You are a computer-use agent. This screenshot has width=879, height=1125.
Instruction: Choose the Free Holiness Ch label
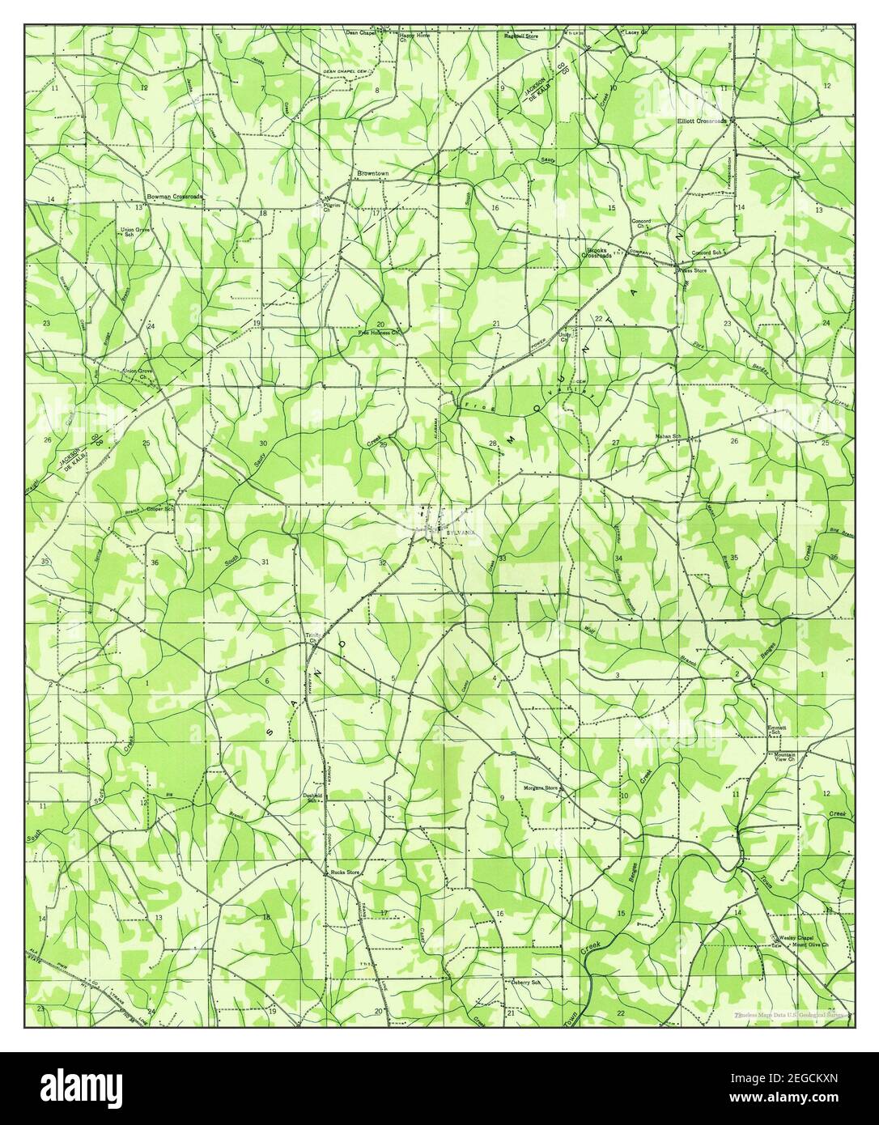pos(380,332)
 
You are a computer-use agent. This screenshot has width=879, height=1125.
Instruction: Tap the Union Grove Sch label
pos(137,233)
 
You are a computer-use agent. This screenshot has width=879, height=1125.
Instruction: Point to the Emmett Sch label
pos(777,730)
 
